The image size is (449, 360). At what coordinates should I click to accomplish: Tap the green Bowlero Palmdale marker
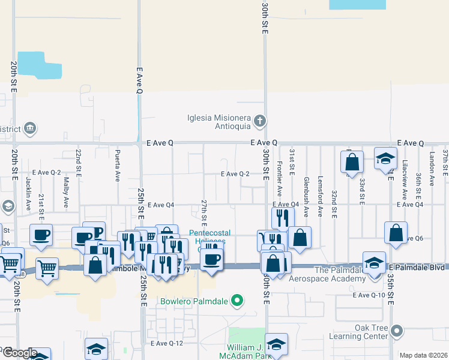[238, 300]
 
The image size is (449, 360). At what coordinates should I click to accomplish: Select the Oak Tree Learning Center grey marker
[396, 331]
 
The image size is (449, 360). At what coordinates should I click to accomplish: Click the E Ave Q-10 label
[369, 295]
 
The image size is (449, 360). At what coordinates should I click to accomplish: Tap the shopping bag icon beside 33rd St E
[352, 161]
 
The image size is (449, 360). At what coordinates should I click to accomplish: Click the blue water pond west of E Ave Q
[39, 66]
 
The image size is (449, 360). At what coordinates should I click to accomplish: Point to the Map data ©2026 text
[423, 355]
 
